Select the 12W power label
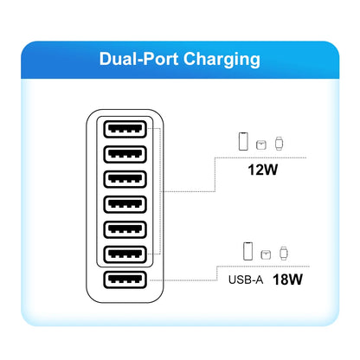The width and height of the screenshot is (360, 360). click(262, 170)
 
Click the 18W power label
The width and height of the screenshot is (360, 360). click(286, 280)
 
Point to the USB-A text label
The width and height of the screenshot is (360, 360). click(245, 280)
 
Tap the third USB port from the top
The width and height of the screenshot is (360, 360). click(125, 180)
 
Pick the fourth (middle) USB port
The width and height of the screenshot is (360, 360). click(125, 205)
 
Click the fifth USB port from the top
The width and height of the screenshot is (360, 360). click(125, 230)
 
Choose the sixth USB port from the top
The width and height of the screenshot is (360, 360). click(125, 255)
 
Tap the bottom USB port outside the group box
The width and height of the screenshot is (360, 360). click(125, 280)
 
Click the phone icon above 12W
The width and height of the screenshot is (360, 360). click(245, 140)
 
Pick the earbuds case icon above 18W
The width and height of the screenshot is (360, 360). click(267, 254)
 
